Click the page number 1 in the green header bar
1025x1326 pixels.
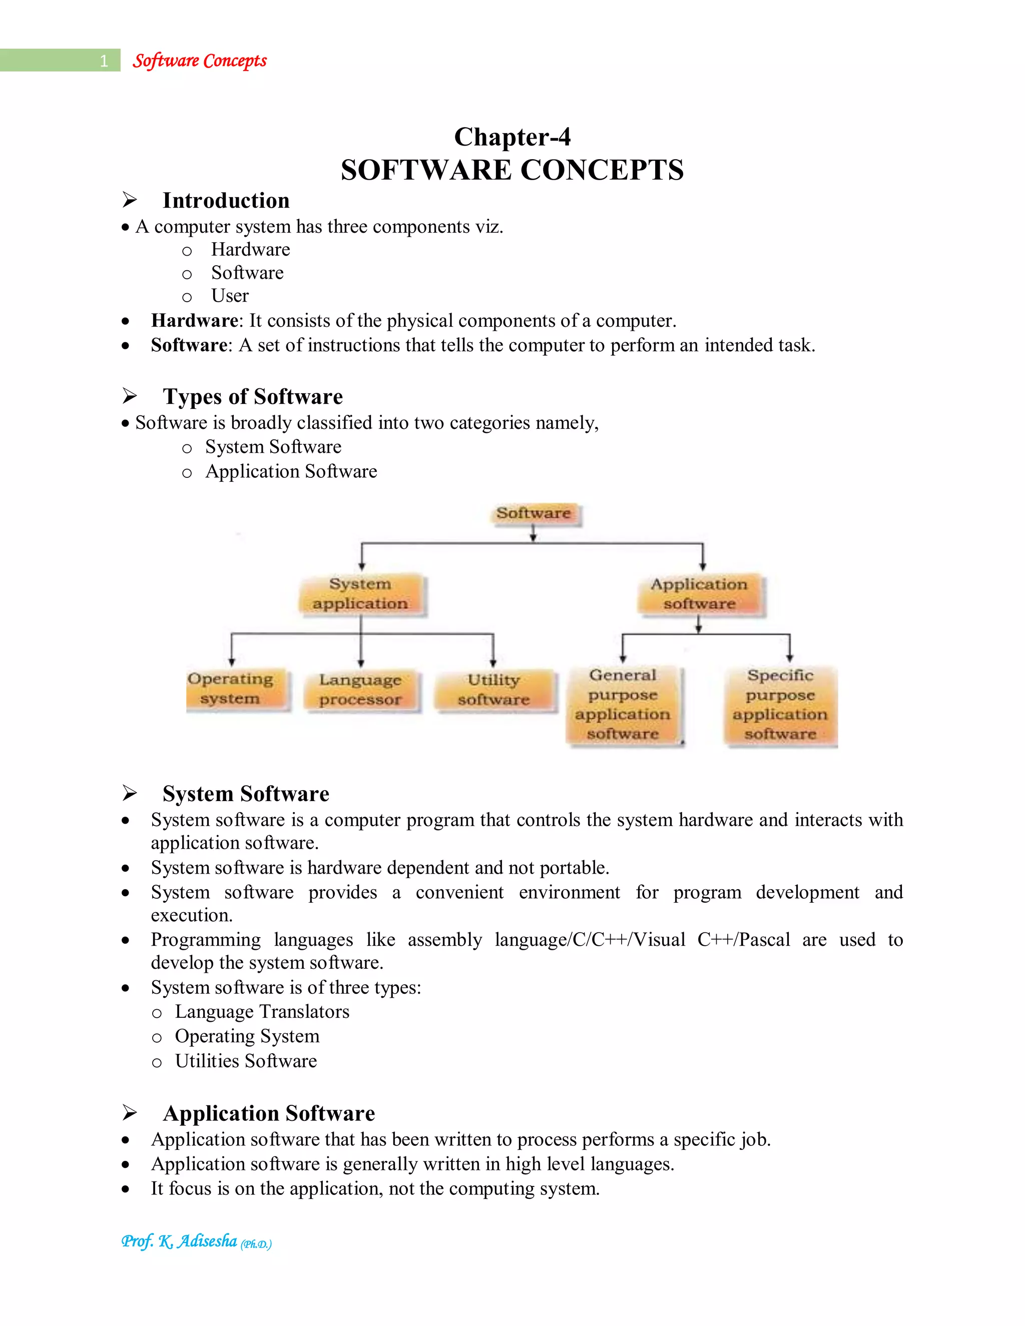[x=104, y=61]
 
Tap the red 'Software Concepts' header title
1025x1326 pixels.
[x=200, y=61]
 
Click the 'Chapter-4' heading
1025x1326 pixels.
[x=512, y=137]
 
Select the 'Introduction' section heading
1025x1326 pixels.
[x=226, y=200]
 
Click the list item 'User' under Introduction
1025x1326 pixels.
[x=230, y=296]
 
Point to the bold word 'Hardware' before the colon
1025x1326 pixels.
[x=194, y=321]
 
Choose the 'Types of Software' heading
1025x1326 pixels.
[x=253, y=396]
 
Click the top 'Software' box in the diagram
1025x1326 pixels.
[x=534, y=514]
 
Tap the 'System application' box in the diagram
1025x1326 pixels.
[x=361, y=594]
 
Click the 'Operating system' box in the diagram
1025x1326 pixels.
[x=230, y=689]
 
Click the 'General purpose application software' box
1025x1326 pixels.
[x=623, y=705]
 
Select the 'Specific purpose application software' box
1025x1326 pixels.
[x=780, y=705]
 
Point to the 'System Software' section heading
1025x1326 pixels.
[x=246, y=794]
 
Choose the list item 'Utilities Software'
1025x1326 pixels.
[x=246, y=1061]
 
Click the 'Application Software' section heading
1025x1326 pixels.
[x=269, y=1113]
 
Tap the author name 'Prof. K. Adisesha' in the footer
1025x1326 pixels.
[x=179, y=1241]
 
